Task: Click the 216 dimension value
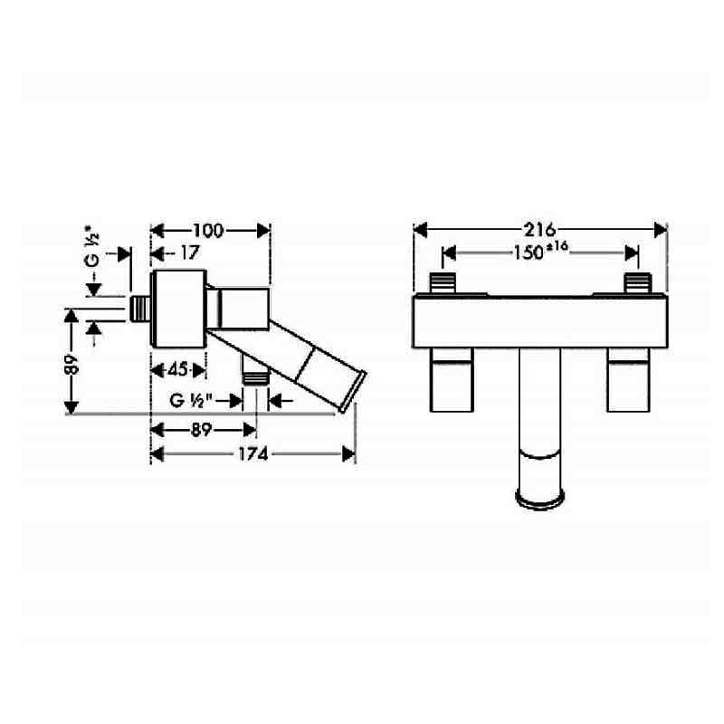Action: (539, 230)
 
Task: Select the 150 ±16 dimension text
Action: (540, 252)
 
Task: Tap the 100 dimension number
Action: (208, 231)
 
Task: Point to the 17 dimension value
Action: (190, 252)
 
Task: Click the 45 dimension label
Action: (177, 369)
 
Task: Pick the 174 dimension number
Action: (253, 454)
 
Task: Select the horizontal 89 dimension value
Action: (201, 430)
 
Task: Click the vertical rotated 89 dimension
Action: (71, 364)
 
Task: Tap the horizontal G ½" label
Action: (191, 400)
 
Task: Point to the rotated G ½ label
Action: (93, 246)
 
